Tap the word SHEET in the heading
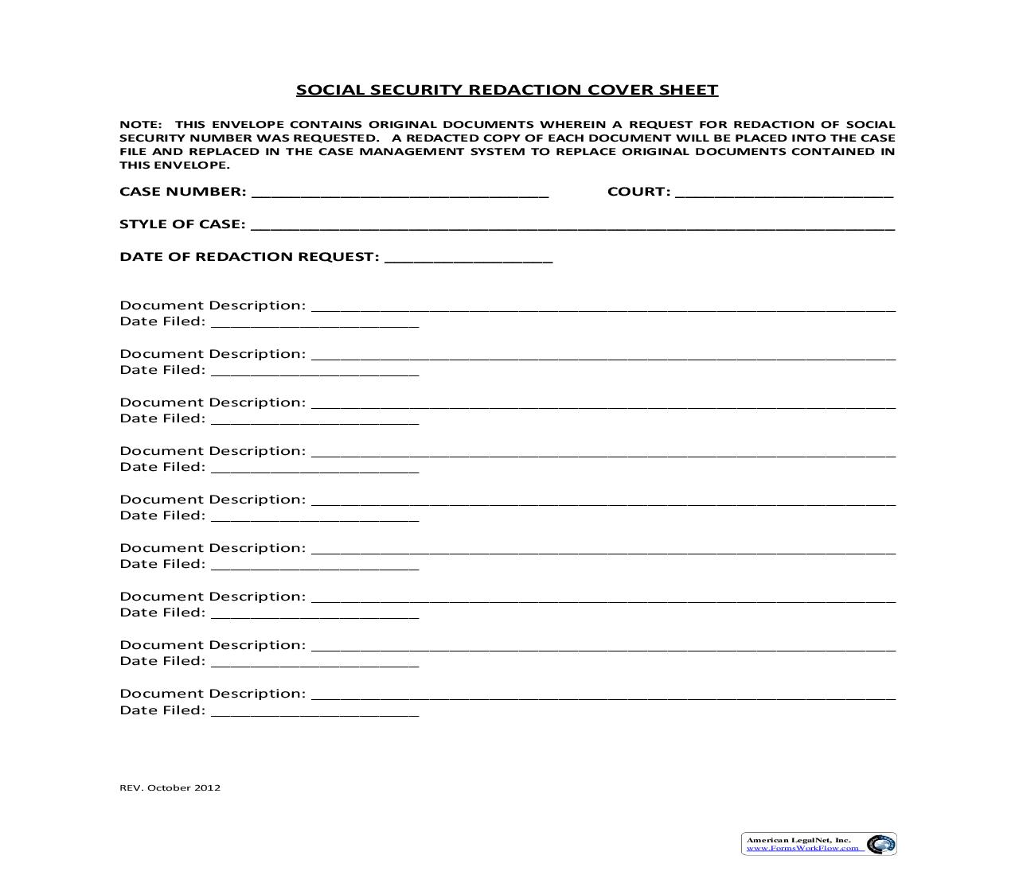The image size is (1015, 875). [689, 90]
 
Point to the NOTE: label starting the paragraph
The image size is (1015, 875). [140, 124]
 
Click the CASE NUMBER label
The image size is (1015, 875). [183, 192]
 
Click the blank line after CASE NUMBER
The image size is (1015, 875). [400, 193]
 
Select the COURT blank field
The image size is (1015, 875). [784, 193]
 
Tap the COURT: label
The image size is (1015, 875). [638, 192]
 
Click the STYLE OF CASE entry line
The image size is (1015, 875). [572, 226]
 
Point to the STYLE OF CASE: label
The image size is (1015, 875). [182, 224]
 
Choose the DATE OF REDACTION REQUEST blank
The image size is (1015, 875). [468, 259]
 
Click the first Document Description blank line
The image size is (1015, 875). [603, 307]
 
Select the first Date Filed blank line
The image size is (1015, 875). [314, 324]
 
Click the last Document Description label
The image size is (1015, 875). [213, 694]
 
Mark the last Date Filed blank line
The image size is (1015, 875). [314, 713]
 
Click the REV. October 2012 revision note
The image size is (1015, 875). [170, 787]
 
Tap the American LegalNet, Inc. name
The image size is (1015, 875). [798, 840]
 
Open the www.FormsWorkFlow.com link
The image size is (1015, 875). [802, 848]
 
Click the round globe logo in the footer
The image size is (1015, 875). [880, 844]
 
